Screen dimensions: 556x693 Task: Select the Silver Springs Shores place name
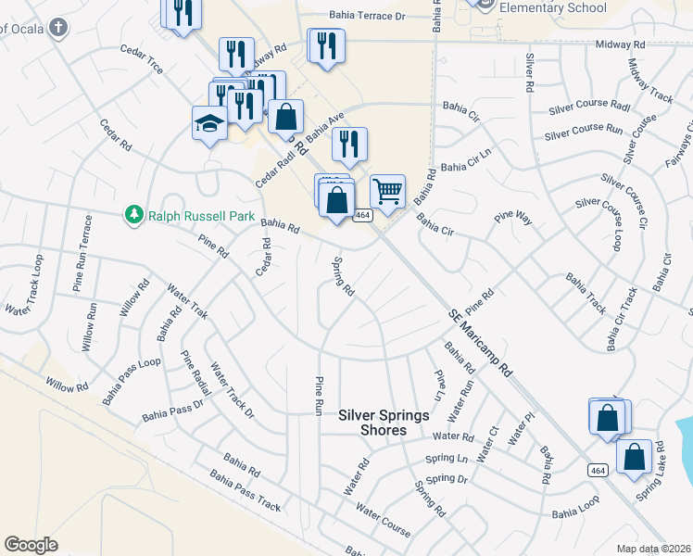[384, 423]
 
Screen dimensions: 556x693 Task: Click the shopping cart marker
[388, 192]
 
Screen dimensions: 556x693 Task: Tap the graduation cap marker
[209, 122]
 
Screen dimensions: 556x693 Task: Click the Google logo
[31, 545]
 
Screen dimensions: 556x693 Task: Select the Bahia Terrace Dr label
[369, 16]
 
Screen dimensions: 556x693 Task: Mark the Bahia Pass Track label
[245, 492]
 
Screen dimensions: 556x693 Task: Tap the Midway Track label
[649, 81]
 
